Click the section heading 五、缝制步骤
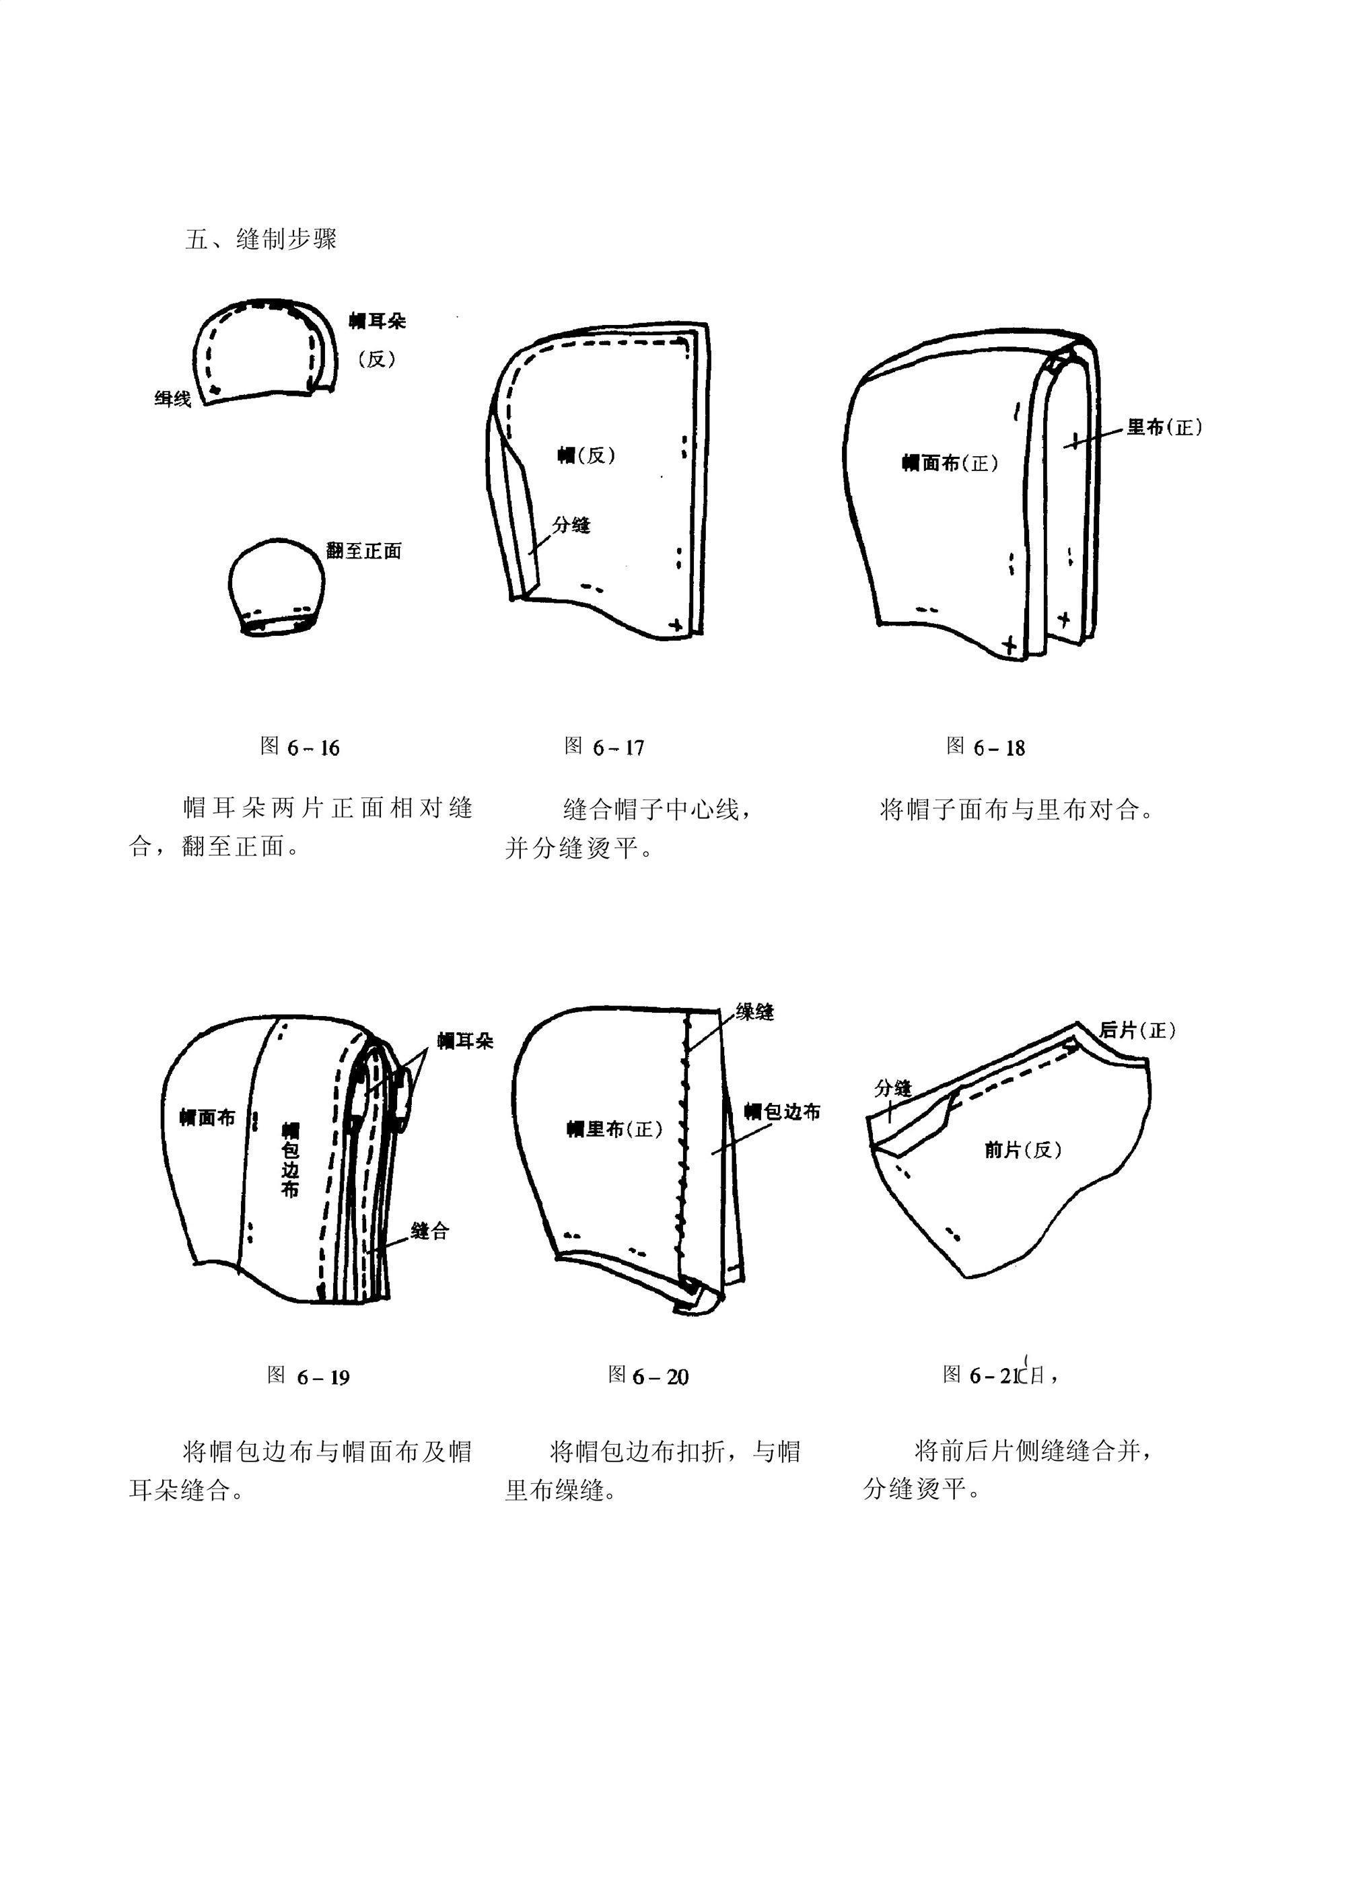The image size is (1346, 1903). (261, 240)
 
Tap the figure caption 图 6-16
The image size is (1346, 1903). (300, 747)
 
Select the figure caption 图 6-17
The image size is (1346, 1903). (604, 747)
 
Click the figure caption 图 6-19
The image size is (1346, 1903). (308, 1377)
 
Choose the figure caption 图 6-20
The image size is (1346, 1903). (648, 1377)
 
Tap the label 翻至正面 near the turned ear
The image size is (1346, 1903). (364, 551)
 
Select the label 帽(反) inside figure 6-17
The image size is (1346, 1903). (586, 454)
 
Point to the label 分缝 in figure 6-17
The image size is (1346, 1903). (571, 525)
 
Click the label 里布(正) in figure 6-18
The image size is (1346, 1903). (1164, 428)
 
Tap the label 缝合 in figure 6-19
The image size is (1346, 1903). (429, 1231)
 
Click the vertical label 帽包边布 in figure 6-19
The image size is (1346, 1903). (290, 1159)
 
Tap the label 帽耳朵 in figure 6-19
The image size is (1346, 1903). (465, 1041)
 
